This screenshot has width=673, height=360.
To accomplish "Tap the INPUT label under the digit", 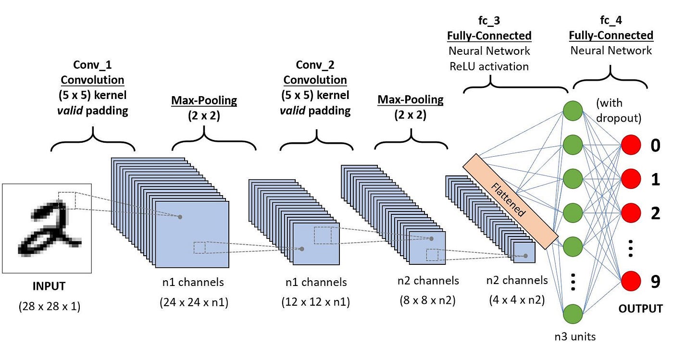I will coord(49,287).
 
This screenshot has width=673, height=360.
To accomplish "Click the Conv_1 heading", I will coord(92,64).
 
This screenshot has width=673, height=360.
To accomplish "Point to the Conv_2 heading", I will coord(315,64).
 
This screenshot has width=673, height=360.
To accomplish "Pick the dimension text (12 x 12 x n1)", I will coord(315,303).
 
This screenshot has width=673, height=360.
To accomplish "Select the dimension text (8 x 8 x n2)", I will coord(428,301).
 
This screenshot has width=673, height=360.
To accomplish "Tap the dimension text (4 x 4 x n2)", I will coord(517,301).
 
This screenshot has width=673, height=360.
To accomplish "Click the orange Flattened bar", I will coord(510,201).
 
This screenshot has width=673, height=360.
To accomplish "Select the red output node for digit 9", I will coord(631,281).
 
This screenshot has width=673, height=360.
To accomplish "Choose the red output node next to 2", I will coord(631,213).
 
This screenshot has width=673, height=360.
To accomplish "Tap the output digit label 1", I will coord(655,179).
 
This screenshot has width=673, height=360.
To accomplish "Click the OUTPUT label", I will coord(640,308).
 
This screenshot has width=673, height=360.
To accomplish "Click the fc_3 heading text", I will coord(489,21).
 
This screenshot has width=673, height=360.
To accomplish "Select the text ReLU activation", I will coord(489,66).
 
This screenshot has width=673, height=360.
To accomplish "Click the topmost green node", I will coord(573,110).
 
